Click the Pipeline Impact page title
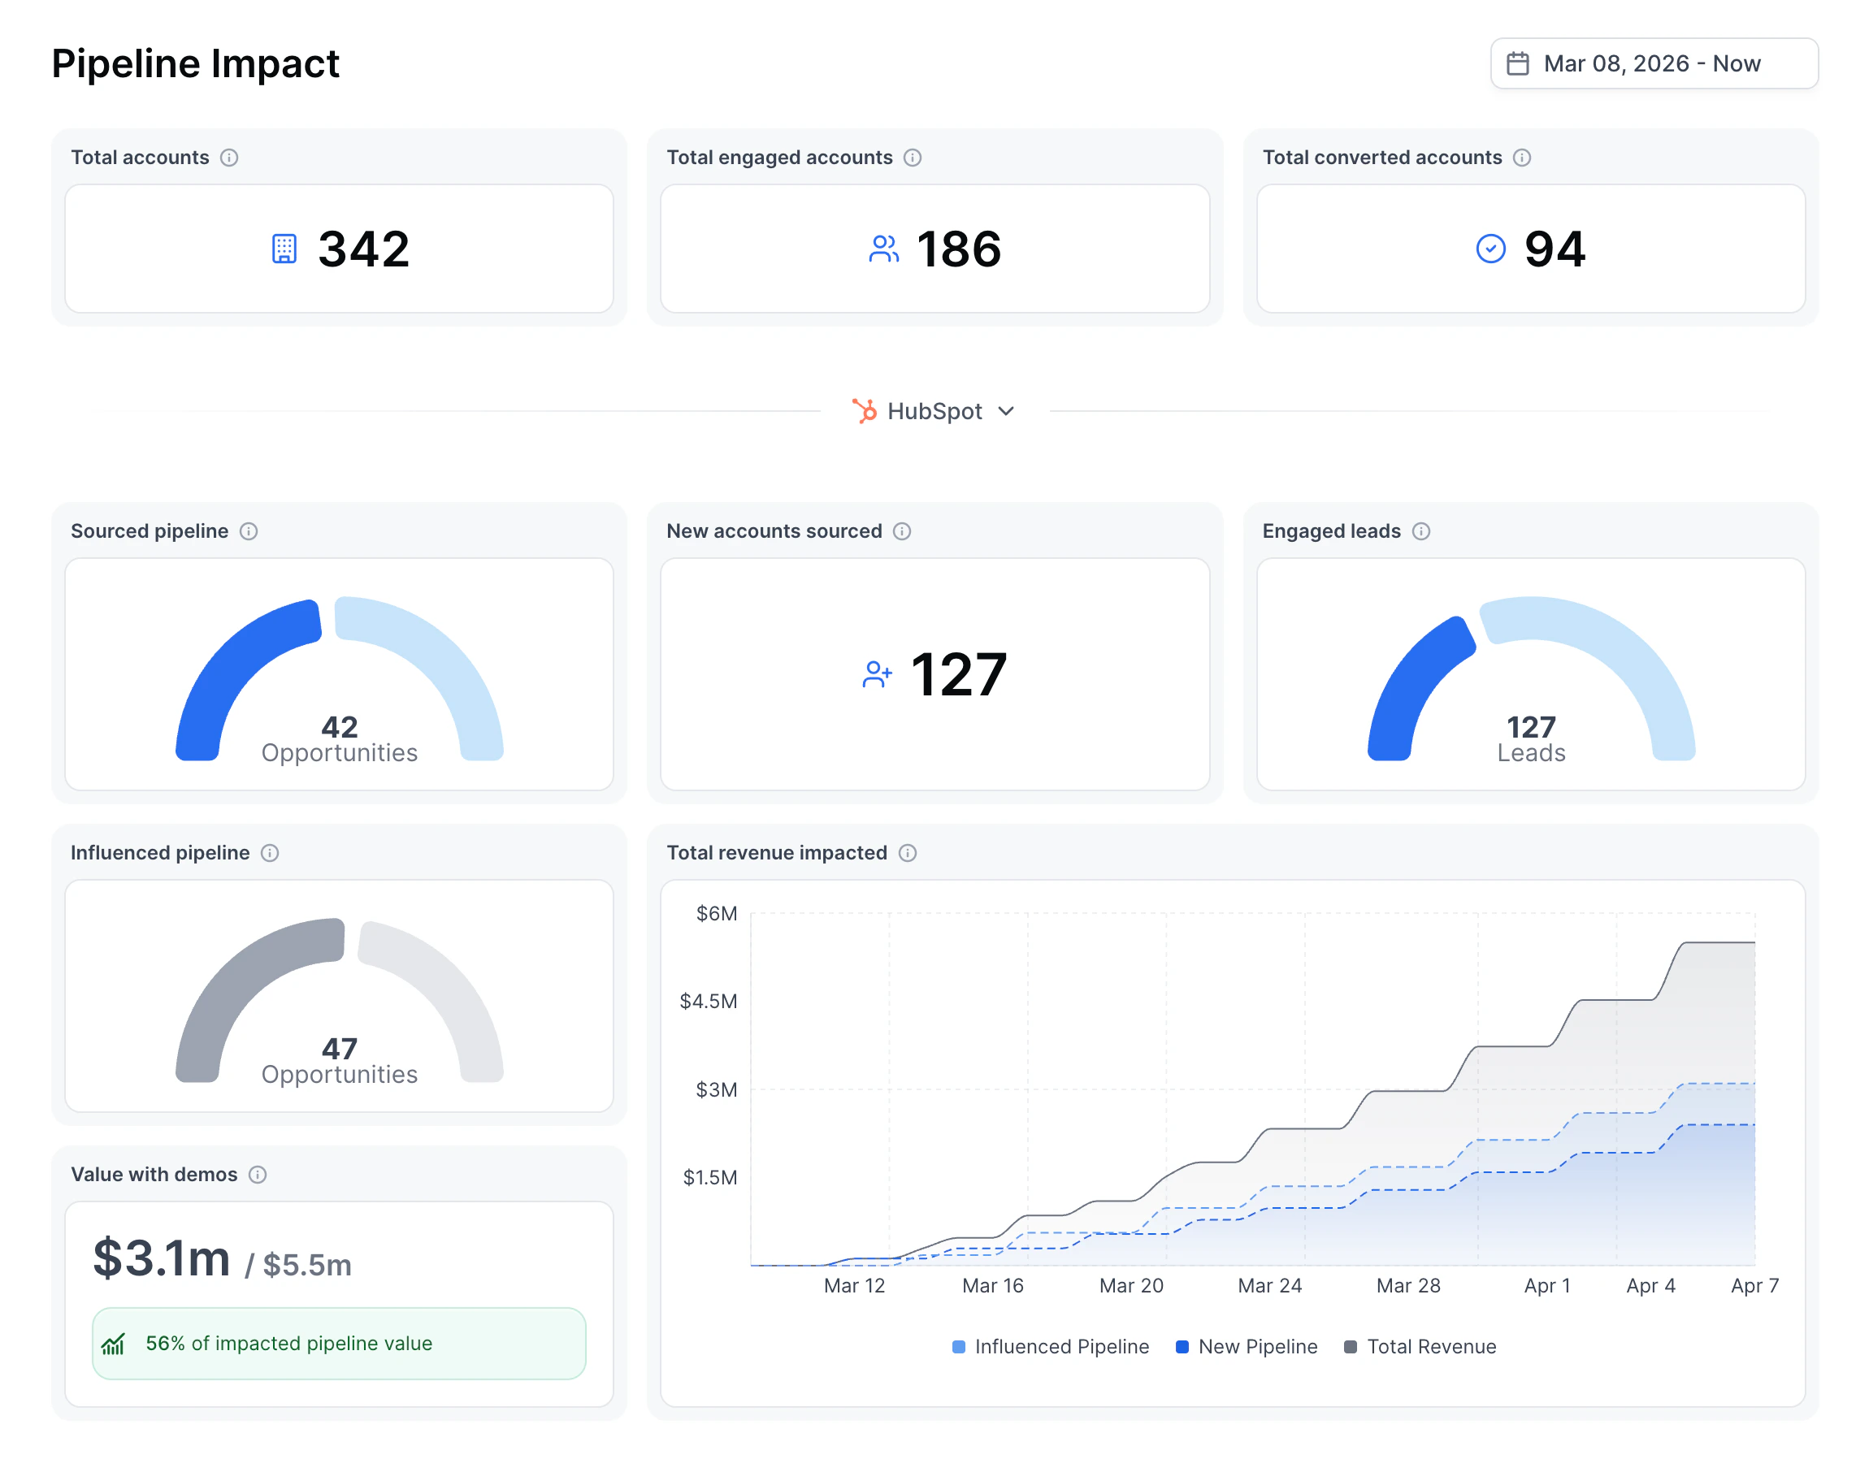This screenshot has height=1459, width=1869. pyautogui.click(x=195, y=63)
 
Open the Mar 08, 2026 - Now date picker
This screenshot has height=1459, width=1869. pyautogui.click(x=1653, y=63)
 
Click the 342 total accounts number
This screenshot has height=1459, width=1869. pyautogui.click(x=364, y=249)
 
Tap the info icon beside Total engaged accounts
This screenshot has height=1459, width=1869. pyautogui.click(x=913, y=158)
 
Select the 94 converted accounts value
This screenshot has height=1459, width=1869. pyautogui.click(x=1554, y=249)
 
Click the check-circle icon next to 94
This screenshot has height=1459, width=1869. pyautogui.click(x=1490, y=249)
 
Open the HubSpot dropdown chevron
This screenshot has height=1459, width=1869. pyautogui.click(x=1006, y=412)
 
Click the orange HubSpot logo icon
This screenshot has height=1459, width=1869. pyautogui.click(x=865, y=412)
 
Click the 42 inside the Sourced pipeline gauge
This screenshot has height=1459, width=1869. pyautogui.click(x=339, y=726)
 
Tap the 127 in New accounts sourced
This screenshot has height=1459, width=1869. pyautogui.click(x=957, y=675)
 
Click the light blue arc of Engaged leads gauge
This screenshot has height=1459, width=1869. pyautogui.click(x=1626, y=651)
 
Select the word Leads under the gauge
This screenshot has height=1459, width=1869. pyautogui.click(x=1530, y=753)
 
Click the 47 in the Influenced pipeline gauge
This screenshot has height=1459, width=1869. pyautogui.click(x=339, y=1048)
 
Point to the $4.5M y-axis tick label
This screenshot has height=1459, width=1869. pyautogui.click(x=708, y=1001)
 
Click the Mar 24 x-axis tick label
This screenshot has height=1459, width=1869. pyautogui.click(x=1269, y=1285)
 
